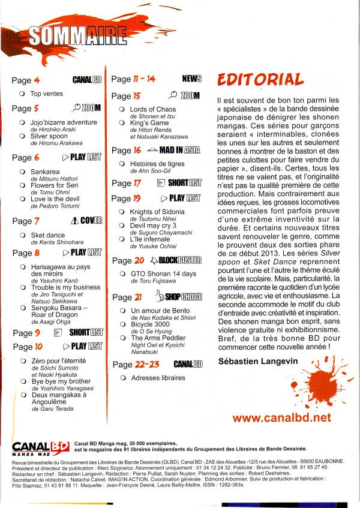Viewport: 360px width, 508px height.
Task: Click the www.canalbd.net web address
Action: [x=281, y=417]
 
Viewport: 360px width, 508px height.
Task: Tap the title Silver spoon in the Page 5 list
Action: [x=50, y=136]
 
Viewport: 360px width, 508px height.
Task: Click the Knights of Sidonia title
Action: [x=157, y=212]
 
